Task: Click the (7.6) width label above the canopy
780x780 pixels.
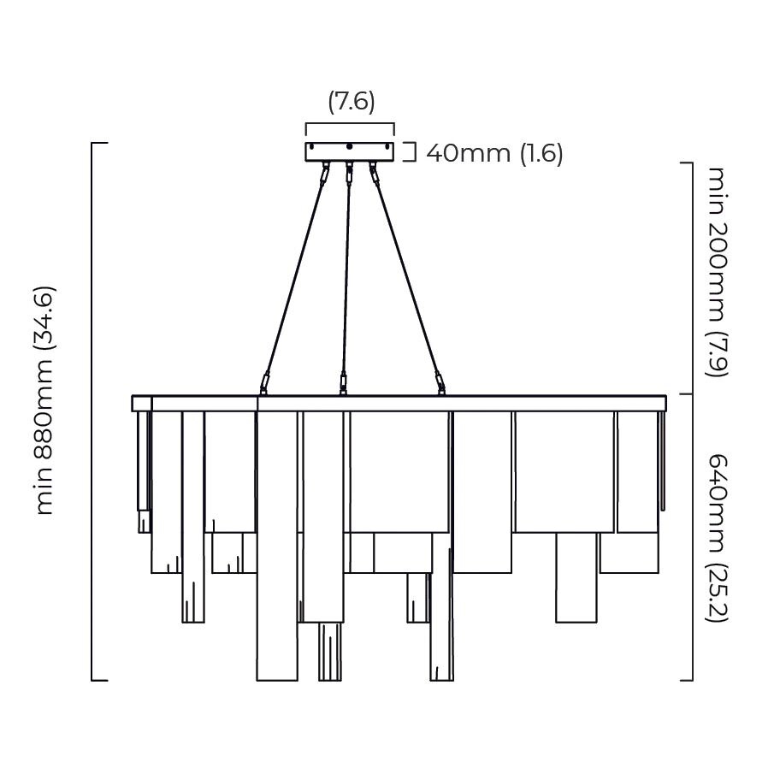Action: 351,102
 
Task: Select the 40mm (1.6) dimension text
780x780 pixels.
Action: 494,153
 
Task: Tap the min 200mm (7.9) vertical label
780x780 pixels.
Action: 716,270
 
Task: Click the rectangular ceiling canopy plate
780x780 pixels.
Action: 350,152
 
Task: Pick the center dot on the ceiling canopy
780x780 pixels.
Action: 350,148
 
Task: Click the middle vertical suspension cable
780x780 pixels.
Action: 346,274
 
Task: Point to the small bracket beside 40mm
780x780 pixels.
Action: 411,152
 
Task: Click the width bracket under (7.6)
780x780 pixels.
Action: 350,125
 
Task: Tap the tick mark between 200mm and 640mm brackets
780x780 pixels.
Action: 685,394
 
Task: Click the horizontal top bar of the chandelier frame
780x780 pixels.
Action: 399,404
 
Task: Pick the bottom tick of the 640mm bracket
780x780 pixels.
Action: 686,680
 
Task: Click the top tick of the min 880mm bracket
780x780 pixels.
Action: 99,143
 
